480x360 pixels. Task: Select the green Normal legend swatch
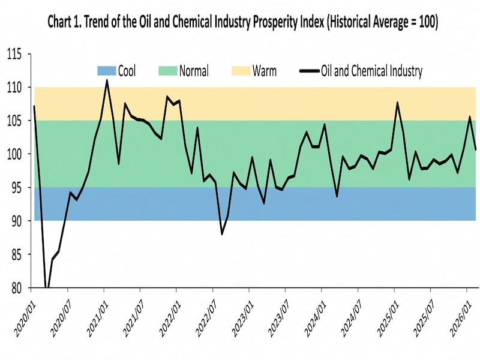pos(167,71)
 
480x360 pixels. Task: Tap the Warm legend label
pos(265,71)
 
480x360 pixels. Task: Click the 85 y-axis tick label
pos(17,255)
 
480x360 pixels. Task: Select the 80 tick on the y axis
pos(17,288)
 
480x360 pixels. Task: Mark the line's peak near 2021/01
pos(107,80)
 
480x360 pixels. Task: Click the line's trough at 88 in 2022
pos(222,234)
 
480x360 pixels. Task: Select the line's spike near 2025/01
pos(397,103)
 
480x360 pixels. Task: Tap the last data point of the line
pos(476,149)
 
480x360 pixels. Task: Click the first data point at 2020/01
pos(34,106)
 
